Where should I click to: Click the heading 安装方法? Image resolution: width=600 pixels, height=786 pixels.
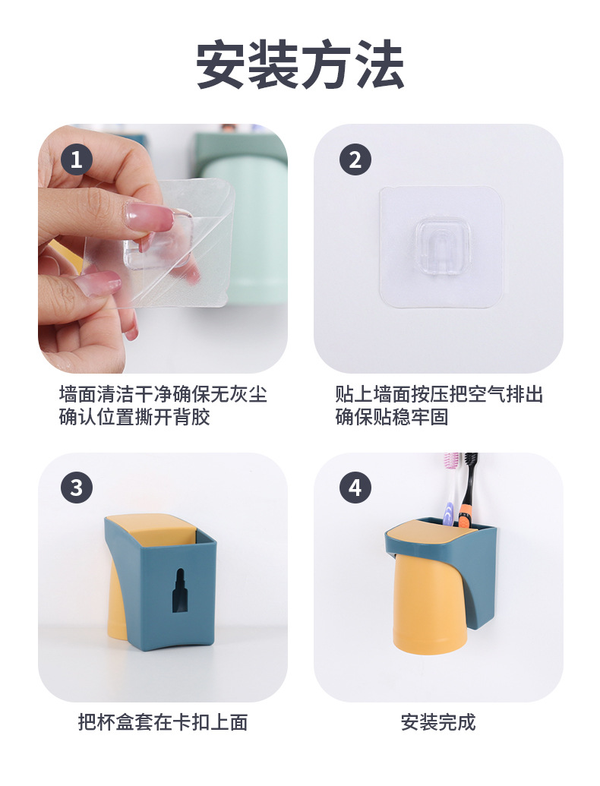pyautogui.click(x=299, y=65)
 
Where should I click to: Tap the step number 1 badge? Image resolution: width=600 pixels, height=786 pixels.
pyautogui.click(x=76, y=160)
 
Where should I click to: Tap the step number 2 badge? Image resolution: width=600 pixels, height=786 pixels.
pyautogui.click(x=355, y=160)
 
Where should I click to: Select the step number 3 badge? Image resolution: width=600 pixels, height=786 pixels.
pyautogui.click(x=76, y=487)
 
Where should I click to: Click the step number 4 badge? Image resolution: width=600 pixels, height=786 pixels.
pyautogui.click(x=355, y=487)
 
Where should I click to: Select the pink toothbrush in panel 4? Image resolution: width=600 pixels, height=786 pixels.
pyautogui.click(x=451, y=486)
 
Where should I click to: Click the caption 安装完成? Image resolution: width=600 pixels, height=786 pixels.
pyautogui.click(x=438, y=721)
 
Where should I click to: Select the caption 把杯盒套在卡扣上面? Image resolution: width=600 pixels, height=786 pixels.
pyautogui.click(x=163, y=721)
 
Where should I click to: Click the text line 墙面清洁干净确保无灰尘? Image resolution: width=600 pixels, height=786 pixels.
pyautogui.click(x=163, y=395)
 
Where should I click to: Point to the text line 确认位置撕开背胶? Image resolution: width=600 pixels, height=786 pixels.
pyautogui.click(x=134, y=417)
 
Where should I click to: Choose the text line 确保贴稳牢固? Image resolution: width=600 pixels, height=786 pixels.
pyautogui.click(x=392, y=417)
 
